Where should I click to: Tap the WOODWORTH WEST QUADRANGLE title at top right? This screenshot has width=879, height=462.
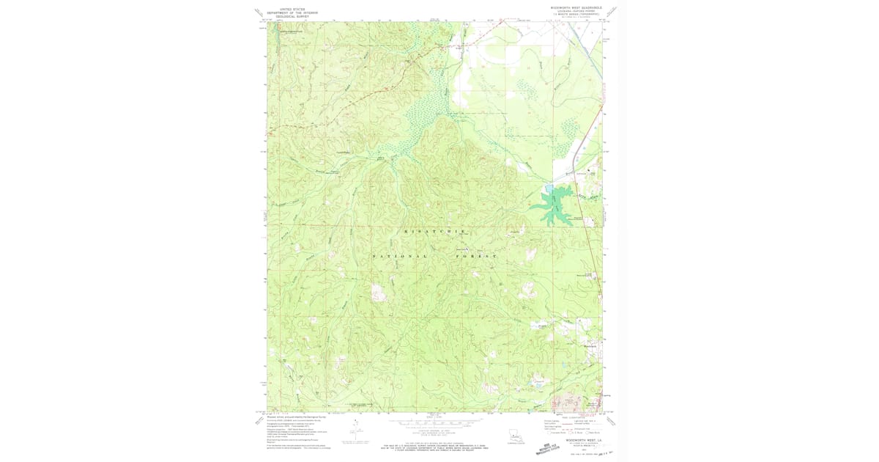[x=576, y=7]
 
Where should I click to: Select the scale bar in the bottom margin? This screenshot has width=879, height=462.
[x=434, y=422]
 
